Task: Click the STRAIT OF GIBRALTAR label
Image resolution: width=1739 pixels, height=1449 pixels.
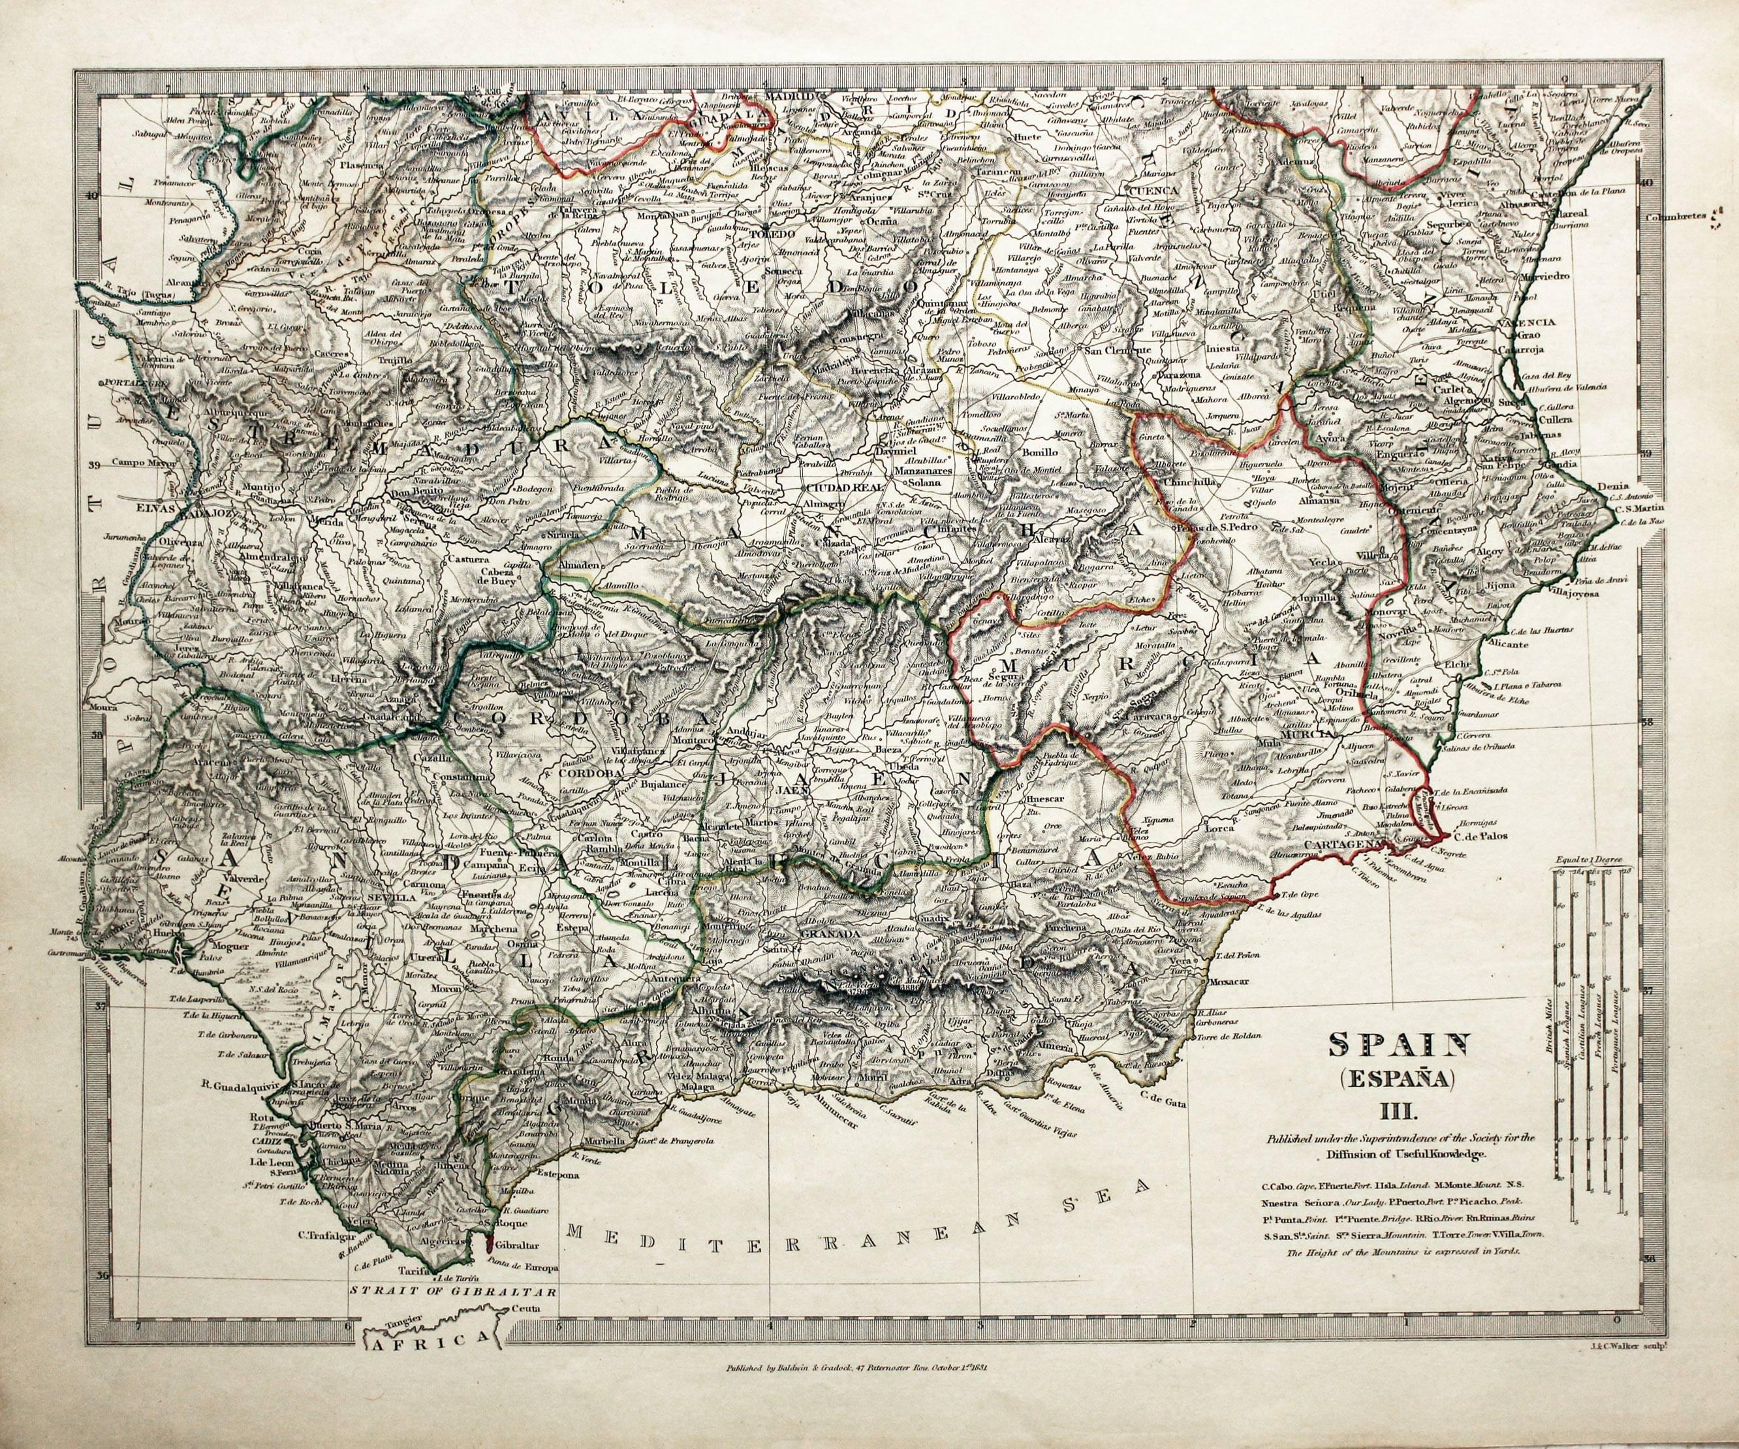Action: (451, 1313)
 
